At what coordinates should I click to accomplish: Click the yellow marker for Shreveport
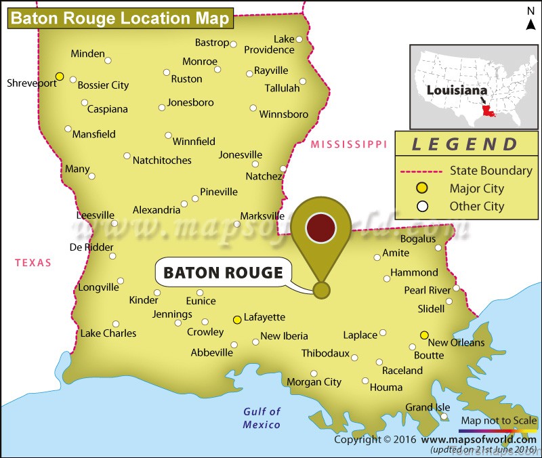click(x=60, y=77)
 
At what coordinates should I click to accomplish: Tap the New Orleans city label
click(x=456, y=343)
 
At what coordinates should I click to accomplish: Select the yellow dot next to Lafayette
click(x=236, y=319)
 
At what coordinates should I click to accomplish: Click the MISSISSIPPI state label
click(x=348, y=144)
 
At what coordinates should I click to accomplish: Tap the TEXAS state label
click(x=34, y=263)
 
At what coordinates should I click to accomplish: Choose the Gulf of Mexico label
click(x=262, y=418)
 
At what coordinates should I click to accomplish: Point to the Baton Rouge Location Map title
click(x=119, y=18)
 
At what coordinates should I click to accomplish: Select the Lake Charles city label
click(x=108, y=333)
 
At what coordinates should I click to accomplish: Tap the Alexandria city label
click(x=157, y=210)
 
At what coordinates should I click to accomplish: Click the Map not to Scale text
click(x=499, y=421)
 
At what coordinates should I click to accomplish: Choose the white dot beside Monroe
click(x=217, y=69)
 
